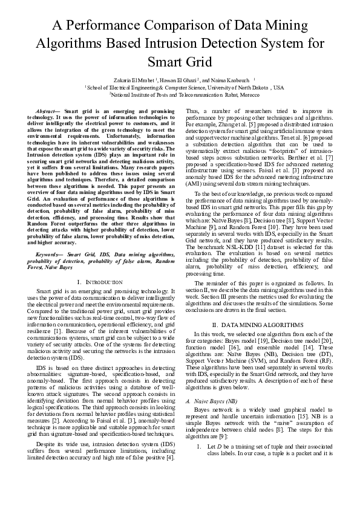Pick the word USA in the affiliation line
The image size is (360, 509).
click(x=278, y=87)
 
